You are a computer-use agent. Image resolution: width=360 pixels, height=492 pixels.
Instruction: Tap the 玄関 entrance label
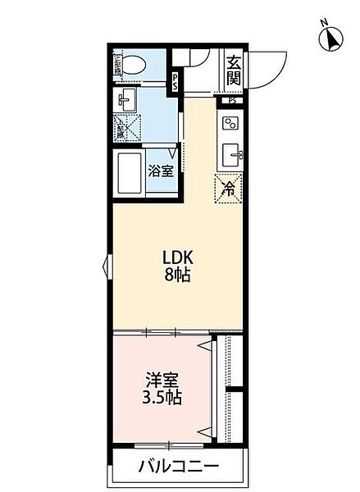[x=235, y=69]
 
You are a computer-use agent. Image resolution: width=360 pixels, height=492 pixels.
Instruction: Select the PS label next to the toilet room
[x=175, y=83]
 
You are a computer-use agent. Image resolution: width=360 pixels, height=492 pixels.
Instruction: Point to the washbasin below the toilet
[x=127, y=102]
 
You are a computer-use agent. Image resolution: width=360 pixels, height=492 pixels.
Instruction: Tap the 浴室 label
[x=161, y=171]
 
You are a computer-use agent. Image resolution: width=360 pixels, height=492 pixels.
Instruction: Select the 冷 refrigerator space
[x=229, y=188]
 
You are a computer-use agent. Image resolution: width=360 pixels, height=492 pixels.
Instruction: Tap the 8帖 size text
[x=177, y=276]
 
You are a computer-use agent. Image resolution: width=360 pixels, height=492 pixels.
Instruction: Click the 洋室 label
[x=162, y=381]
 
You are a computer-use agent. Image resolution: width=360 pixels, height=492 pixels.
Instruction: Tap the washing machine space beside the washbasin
[x=127, y=127]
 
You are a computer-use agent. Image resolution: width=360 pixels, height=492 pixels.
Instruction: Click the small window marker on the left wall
[x=107, y=266]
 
